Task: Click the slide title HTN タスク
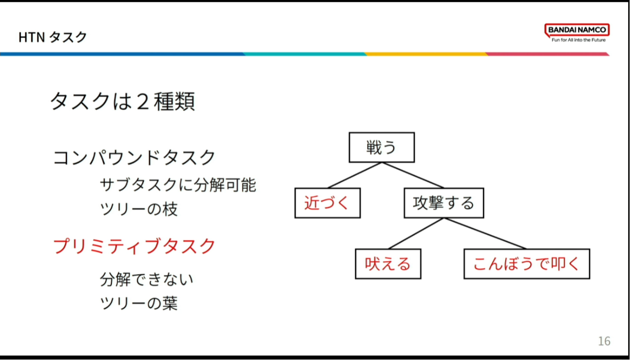[x=52, y=37]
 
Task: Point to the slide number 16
[x=604, y=341]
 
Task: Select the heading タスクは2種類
[x=123, y=101]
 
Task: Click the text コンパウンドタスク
[x=134, y=157]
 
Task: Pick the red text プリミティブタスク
[x=134, y=246]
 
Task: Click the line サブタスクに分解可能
[x=178, y=185]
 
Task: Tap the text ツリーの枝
[x=139, y=209]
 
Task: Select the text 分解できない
[x=146, y=279]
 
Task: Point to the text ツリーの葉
[x=139, y=303]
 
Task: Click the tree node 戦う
[x=382, y=147]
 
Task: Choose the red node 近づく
[x=328, y=203]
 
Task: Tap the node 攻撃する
[x=444, y=203]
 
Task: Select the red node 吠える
[x=388, y=264]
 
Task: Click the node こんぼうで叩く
[x=527, y=264]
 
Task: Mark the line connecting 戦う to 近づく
[x=355, y=175]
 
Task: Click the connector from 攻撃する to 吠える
[x=416, y=234]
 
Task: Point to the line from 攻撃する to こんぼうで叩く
[x=485, y=234]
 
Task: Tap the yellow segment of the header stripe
[x=426, y=54]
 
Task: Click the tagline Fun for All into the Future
[x=578, y=40]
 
